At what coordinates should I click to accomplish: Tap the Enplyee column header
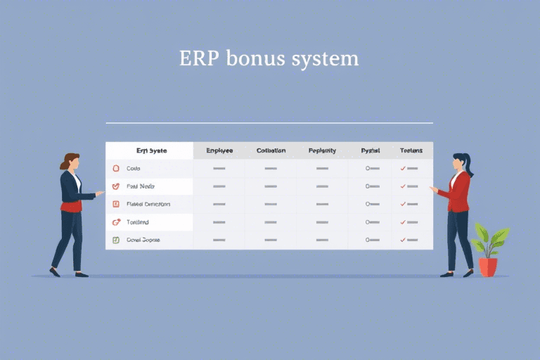(219, 150)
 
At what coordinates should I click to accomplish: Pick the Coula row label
(134, 169)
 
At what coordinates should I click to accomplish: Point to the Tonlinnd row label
(138, 222)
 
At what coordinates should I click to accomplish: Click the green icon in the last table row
(117, 240)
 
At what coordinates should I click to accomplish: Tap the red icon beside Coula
(117, 169)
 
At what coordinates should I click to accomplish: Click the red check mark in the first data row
(403, 169)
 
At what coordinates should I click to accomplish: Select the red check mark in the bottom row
(403, 240)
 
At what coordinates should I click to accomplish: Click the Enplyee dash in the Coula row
(219, 169)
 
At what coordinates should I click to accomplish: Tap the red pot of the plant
(488, 266)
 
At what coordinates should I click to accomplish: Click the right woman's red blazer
(461, 193)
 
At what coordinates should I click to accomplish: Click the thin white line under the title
(269, 122)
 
